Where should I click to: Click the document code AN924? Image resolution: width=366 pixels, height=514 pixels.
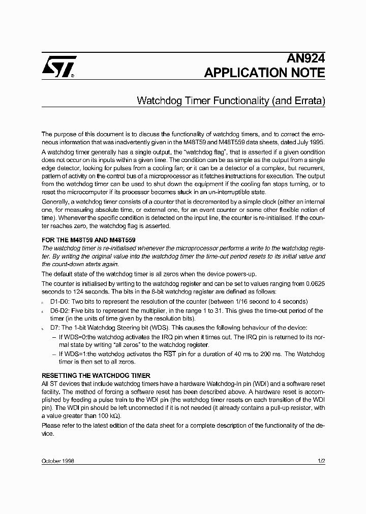point(308,58)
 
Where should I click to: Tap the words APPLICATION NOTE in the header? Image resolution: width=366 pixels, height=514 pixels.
point(264,73)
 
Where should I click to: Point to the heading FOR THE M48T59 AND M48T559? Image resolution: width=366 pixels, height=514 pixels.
point(88,239)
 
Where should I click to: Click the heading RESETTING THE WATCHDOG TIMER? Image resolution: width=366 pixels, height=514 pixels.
point(96,375)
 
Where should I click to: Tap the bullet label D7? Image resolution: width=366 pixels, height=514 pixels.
point(55,328)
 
